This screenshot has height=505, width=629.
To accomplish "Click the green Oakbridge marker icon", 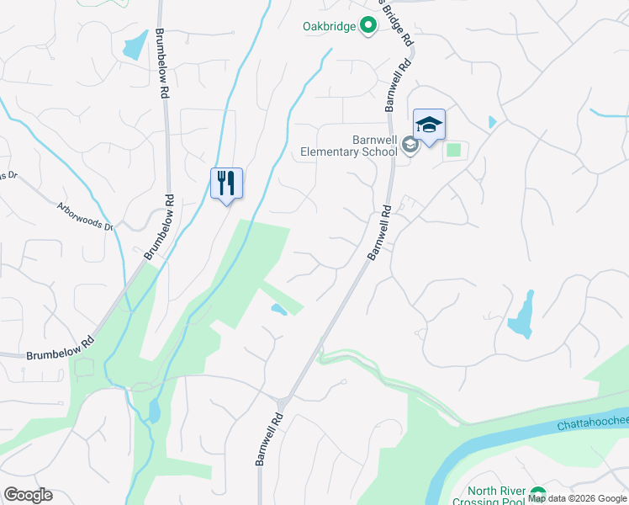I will [x=367, y=26].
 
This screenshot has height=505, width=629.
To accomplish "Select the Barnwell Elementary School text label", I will [x=349, y=146].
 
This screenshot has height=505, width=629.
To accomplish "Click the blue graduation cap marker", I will [x=429, y=126].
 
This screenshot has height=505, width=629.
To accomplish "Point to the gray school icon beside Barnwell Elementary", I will [x=410, y=146].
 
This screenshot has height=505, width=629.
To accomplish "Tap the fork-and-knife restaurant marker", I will [x=226, y=183].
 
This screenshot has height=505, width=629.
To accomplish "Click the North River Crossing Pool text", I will [x=496, y=497].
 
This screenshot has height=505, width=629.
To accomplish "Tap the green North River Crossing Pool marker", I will [x=536, y=496].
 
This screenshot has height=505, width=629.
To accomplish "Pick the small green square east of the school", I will [x=454, y=151].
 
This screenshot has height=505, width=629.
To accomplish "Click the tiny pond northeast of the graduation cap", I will [x=492, y=122].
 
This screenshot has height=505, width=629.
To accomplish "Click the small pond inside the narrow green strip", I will [x=277, y=310].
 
